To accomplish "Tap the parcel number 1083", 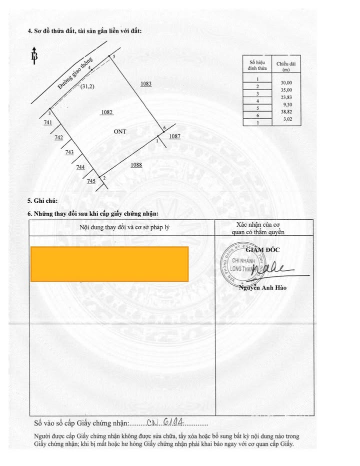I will point(146,84).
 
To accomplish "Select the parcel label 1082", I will point(106,113).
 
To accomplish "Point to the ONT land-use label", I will point(120,132).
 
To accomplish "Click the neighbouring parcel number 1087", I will point(174,136).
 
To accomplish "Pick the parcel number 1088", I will point(136,165).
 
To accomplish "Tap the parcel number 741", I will point(48,123).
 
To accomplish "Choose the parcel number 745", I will point(91,181).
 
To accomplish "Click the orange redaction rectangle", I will point(109,264).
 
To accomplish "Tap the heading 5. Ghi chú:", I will point(42,201).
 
